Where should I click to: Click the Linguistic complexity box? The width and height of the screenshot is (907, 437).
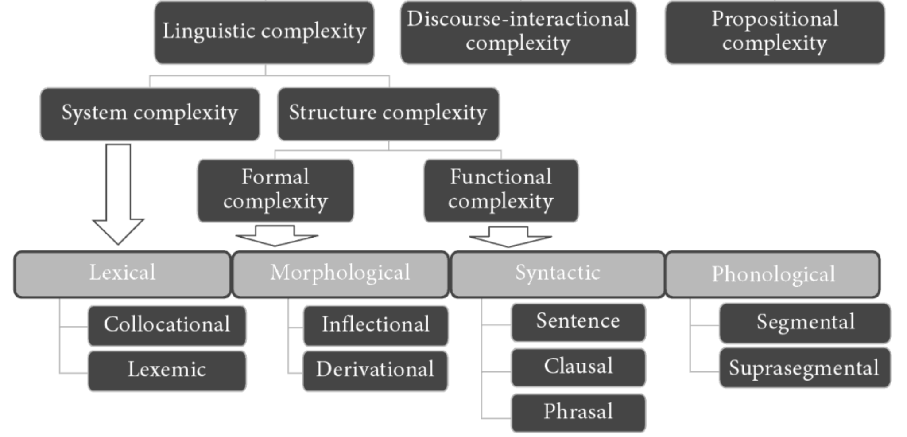pos(264,32)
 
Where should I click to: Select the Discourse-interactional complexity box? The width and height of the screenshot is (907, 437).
pos(518,32)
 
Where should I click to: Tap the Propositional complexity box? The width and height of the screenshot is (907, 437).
pos(775,32)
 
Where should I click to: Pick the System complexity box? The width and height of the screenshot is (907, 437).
pos(150,114)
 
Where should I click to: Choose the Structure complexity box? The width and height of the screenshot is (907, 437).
pos(388,114)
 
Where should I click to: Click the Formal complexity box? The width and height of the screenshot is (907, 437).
pos(275,190)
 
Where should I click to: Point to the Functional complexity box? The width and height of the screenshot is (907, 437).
pos(501,190)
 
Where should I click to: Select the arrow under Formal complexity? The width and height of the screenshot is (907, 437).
pos(276,235)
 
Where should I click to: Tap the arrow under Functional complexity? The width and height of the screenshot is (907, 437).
pos(510,237)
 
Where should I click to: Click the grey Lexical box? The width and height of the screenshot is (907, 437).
pos(122,274)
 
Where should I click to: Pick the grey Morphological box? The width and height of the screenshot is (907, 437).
pos(340,274)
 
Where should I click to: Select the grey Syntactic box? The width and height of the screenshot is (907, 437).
pos(557,274)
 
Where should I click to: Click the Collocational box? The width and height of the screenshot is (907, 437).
pos(167,326)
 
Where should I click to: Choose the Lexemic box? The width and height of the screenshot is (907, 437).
pos(167,371)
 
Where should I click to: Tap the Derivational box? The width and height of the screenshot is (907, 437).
pos(375,371)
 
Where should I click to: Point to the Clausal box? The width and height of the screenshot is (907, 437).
pos(578,367)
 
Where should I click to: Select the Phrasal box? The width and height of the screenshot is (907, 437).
pos(578,413)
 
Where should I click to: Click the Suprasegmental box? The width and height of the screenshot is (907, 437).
pos(804,368)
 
